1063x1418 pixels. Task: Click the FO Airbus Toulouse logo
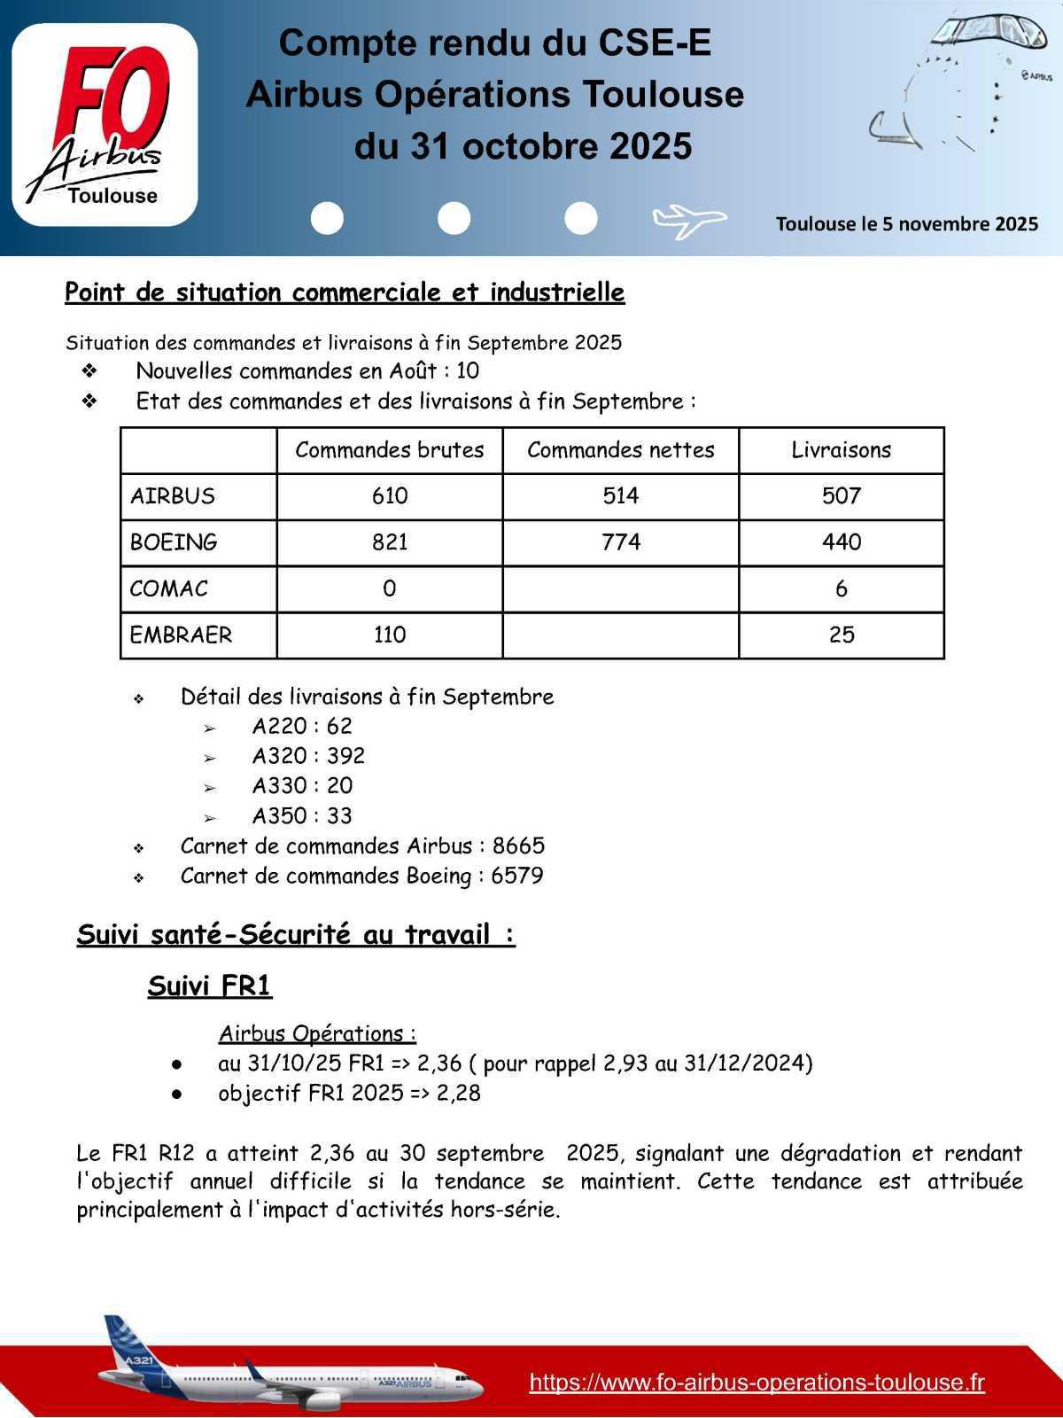coord(105,124)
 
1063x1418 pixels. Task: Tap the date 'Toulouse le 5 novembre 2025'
coord(906,224)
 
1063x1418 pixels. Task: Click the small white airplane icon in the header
coord(688,219)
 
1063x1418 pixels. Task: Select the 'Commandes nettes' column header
coord(620,450)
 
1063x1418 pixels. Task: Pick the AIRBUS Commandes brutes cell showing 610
coord(390,496)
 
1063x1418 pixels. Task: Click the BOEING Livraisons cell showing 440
coord(841,542)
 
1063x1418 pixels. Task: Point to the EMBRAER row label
coord(182,635)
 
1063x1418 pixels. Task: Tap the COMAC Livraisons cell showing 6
coord(841,588)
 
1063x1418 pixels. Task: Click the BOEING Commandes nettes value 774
coord(620,542)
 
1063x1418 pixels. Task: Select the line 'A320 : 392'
coord(307,756)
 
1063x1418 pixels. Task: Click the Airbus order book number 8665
coord(518,845)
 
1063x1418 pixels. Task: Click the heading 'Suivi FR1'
coord(209,986)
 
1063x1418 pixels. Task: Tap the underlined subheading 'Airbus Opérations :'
coord(317,1033)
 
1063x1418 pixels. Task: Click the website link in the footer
coord(757,1383)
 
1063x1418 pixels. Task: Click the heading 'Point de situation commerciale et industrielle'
coord(345,292)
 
